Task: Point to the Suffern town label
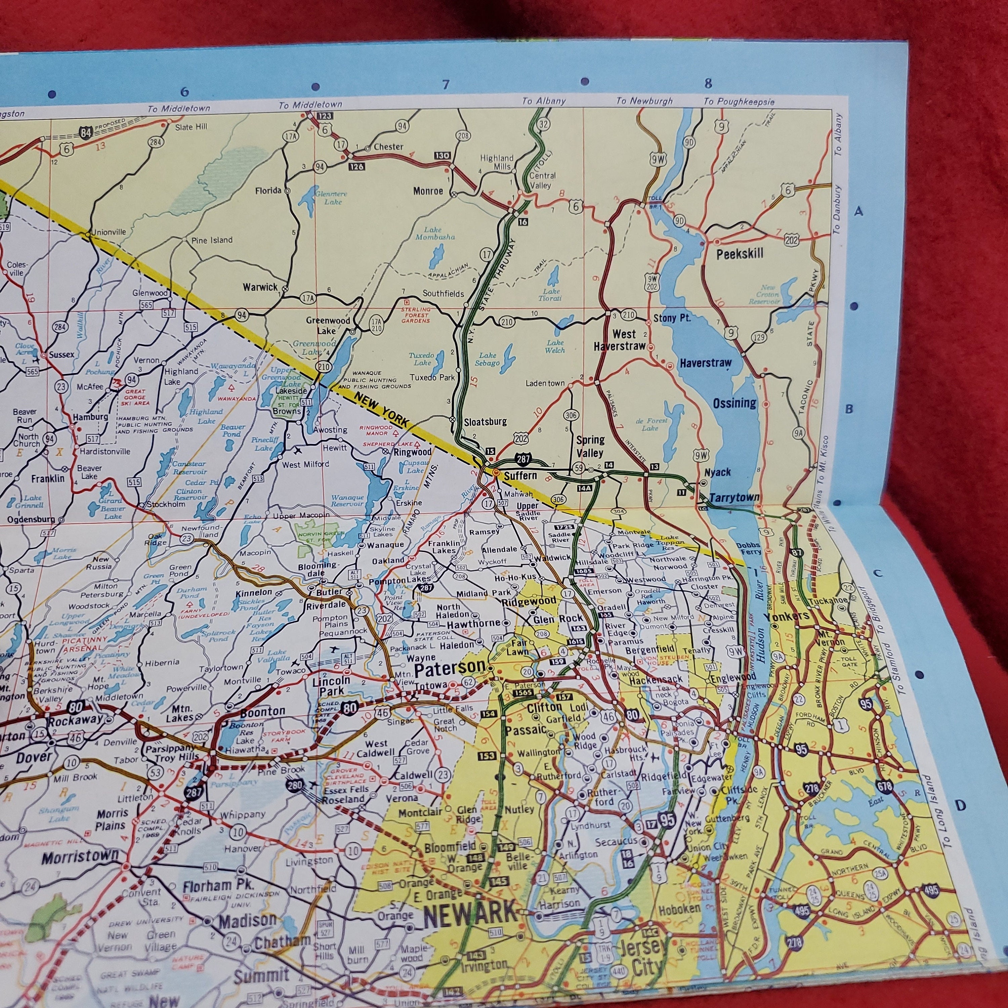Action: (x=520, y=475)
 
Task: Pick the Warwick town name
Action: (x=260, y=287)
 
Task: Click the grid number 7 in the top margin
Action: (x=445, y=85)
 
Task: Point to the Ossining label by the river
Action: (x=734, y=403)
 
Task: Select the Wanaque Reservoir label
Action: (x=347, y=501)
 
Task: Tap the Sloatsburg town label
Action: (x=485, y=422)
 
